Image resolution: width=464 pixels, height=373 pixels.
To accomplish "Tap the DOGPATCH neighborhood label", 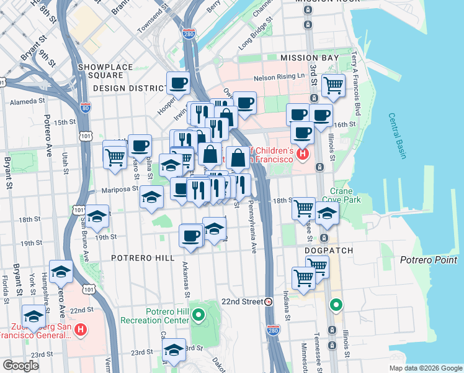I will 329,251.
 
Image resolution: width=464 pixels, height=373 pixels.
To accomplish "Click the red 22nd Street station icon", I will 269,302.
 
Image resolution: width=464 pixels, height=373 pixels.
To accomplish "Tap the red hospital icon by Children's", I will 302,154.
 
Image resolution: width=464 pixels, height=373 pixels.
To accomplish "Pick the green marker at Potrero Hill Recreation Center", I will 199,315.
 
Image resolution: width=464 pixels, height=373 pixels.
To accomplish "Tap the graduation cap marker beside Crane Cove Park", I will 327,213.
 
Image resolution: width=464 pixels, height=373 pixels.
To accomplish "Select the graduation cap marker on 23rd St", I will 174,351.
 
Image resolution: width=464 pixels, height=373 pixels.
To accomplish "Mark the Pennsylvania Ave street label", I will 252,227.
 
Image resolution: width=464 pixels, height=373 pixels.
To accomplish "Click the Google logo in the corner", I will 20,365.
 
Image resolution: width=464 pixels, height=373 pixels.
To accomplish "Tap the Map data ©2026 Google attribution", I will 425,367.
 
